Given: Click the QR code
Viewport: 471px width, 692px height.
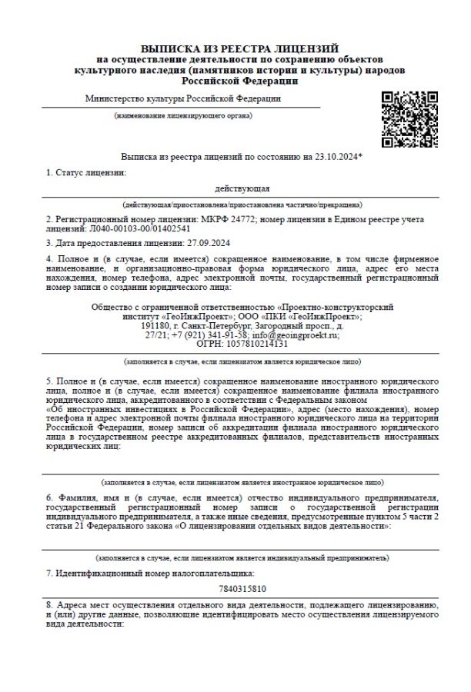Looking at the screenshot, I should tap(410, 119).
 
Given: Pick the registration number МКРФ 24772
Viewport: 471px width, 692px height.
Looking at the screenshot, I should tap(223, 219).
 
